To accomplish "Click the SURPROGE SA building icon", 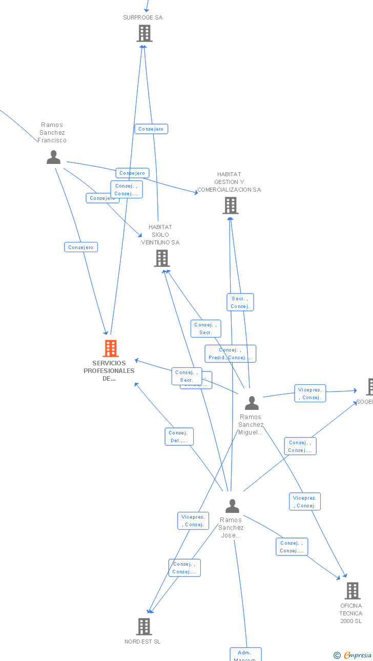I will point(144,33).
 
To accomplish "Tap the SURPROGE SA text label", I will point(142,17).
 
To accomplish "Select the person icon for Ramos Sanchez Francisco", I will point(53,157).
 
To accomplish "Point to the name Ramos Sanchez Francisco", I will point(52,133).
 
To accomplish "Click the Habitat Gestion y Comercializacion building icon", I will point(230,205).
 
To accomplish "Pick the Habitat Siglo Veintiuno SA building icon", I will point(161,258).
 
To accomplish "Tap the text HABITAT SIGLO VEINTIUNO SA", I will point(160,235).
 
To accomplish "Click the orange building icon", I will point(110,348).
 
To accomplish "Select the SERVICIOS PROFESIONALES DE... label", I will point(109,371).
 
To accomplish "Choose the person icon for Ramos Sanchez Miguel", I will point(252,403).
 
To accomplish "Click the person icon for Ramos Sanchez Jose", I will point(232,506).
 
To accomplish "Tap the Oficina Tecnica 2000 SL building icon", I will point(352,591).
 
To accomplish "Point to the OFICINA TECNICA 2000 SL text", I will point(350,613).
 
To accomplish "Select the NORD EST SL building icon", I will point(144,626).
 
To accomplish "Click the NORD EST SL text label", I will point(142,642).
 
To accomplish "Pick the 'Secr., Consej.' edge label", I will point(240,302).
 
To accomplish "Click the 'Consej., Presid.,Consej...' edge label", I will point(230,354).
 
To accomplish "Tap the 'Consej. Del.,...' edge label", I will point(179,437).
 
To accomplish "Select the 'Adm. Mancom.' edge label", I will point(245,655).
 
